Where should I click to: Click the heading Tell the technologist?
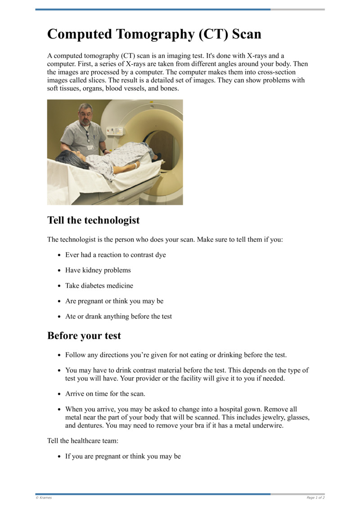click(x=93, y=220)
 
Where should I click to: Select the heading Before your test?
click(x=84, y=335)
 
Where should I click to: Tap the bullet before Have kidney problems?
click(x=59, y=271)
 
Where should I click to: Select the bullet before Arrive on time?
click(x=59, y=394)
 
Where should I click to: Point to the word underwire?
click(x=268, y=425)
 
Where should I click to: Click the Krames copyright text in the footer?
click(x=44, y=498)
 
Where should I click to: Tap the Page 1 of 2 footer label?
click(x=315, y=498)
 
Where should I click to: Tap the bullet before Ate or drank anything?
click(x=59, y=316)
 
